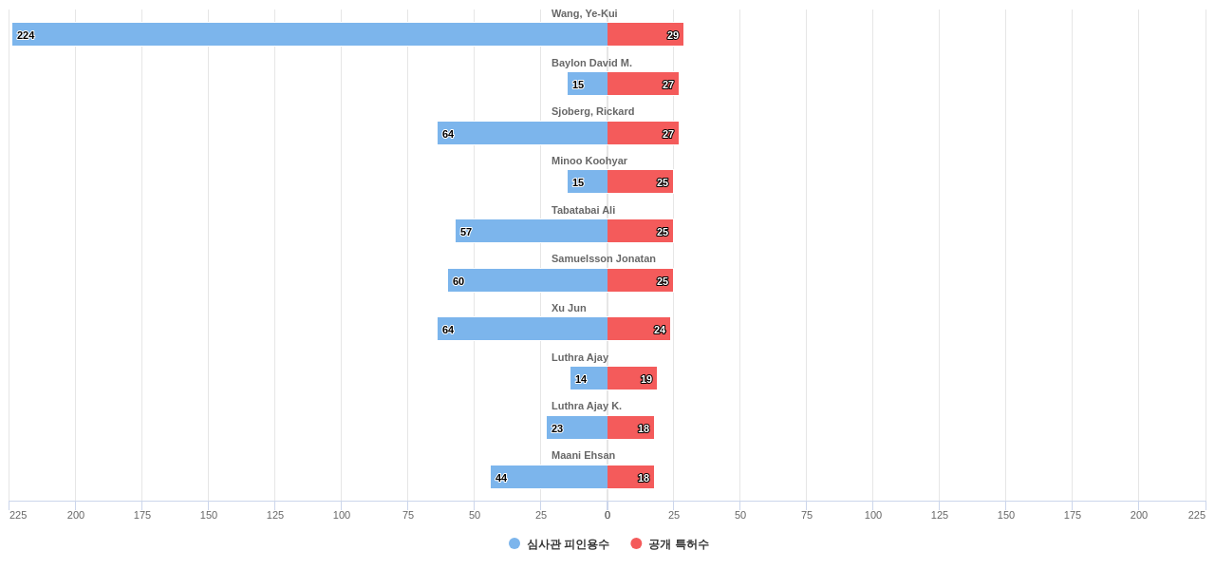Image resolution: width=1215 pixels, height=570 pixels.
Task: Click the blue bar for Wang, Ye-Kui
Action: (309, 34)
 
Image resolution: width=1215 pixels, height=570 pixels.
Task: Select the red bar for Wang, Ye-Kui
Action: (645, 34)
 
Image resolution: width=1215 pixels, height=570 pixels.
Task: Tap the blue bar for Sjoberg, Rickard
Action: (522, 133)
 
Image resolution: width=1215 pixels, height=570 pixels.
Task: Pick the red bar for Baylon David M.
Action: (643, 84)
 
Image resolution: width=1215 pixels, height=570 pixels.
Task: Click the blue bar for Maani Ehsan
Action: (549, 477)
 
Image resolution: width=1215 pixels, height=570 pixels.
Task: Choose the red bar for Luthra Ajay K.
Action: (630, 427)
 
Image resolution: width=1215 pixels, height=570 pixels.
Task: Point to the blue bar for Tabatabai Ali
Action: (532, 231)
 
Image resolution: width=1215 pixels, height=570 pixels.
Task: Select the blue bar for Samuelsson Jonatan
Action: (528, 280)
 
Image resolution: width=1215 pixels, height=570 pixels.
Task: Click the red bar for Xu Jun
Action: (639, 329)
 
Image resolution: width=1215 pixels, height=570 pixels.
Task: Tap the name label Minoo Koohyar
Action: (589, 161)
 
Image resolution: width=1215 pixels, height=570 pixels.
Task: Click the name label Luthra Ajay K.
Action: (587, 406)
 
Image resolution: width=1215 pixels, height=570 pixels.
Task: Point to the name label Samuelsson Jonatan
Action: (604, 258)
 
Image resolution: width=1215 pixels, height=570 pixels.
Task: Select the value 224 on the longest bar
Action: (26, 35)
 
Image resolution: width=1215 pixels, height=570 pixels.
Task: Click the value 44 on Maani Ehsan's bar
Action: (501, 478)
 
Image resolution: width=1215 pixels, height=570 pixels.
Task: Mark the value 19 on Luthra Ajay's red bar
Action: (646, 379)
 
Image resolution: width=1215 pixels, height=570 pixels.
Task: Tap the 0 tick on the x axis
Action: (607, 515)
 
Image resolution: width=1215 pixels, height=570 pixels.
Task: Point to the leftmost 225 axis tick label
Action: (18, 515)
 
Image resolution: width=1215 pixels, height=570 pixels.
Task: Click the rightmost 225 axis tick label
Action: (1196, 515)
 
